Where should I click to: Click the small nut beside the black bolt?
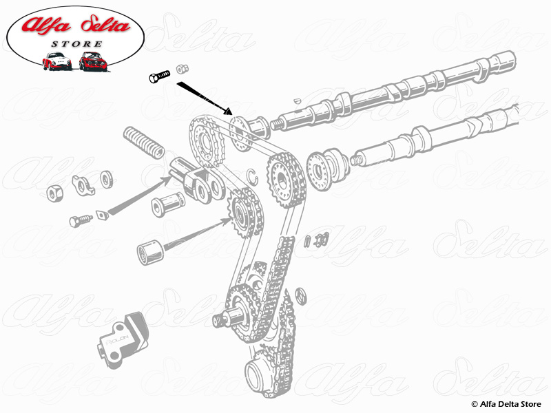pos(183,69)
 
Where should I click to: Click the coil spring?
pos(143,141)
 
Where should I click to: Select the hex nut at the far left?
pos(55,192)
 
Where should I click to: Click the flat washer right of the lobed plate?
pos(107,179)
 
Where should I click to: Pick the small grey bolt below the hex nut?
pos(80,220)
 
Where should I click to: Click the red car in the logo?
pos(91,61)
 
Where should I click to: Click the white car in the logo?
pos(56,61)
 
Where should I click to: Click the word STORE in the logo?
pos(76,44)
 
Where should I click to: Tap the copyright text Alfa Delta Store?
pos(506,403)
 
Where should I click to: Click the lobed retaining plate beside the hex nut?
pos(84,185)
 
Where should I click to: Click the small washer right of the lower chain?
pos(300,295)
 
